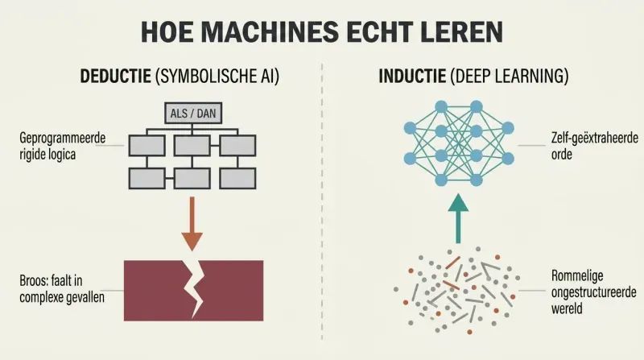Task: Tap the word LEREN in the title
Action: (x=462, y=31)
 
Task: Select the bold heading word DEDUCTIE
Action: (x=115, y=76)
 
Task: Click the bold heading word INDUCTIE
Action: (x=412, y=76)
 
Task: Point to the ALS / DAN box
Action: (x=193, y=113)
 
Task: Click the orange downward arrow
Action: (x=192, y=224)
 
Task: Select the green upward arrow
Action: (x=458, y=218)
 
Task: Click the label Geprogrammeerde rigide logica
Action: (x=63, y=146)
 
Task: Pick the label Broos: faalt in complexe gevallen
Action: (x=62, y=288)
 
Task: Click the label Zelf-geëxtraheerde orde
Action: (x=594, y=146)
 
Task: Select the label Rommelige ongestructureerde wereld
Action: (x=593, y=292)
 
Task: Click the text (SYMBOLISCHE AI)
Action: (x=217, y=77)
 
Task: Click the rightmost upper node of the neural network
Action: (x=508, y=128)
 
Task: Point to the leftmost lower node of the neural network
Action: (x=410, y=158)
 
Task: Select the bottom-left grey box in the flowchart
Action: (x=147, y=178)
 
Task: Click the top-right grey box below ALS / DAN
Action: (x=237, y=146)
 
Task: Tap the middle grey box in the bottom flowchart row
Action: (x=192, y=178)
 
